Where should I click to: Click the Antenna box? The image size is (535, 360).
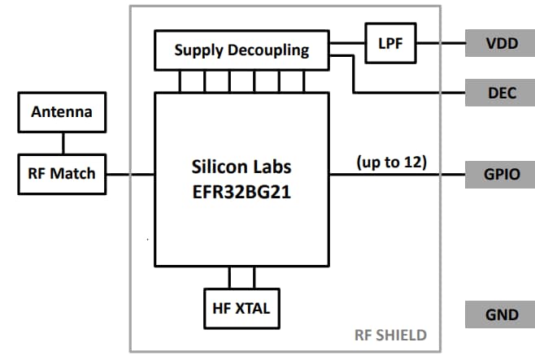click(x=61, y=112)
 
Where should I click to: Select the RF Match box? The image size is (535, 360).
click(x=61, y=173)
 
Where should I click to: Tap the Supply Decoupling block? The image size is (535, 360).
click(x=241, y=50)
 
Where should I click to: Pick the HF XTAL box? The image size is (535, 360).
click(x=241, y=308)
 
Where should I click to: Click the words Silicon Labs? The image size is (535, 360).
click(x=241, y=167)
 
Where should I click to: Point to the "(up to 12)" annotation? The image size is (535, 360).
click(x=392, y=161)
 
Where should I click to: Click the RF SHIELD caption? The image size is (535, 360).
click(x=390, y=335)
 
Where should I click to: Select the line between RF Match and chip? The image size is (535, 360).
click(x=130, y=174)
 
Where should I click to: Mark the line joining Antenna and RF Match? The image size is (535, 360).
click(x=61, y=142)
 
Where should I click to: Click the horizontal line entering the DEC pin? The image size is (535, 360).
click(x=407, y=93)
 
